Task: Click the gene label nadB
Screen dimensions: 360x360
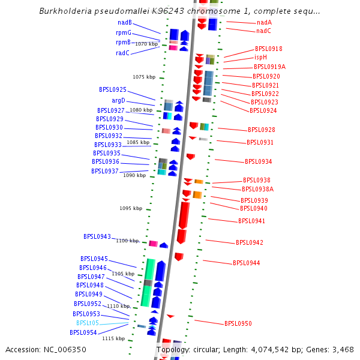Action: tap(124, 23)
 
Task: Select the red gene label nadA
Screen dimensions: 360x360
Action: tap(264, 23)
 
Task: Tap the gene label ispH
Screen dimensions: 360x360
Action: tap(260, 58)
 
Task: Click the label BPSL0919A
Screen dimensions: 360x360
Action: tap(269, 67)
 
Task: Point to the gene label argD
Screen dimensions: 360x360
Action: tap(119, 100)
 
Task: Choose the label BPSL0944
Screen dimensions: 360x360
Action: tap(247, 263)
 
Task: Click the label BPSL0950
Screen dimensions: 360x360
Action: tap(238, 324)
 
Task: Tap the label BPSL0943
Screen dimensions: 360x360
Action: tap(97, 237)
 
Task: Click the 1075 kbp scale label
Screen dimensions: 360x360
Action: tap(144, 77)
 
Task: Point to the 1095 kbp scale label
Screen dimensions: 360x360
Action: tap(131, 209)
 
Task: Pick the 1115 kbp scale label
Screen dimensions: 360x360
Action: tap(113, 339)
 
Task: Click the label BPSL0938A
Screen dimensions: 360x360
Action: tap(257, 190)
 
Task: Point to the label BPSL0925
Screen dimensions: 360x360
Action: tap(113, 90)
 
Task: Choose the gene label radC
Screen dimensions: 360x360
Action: tap(123, 53)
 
